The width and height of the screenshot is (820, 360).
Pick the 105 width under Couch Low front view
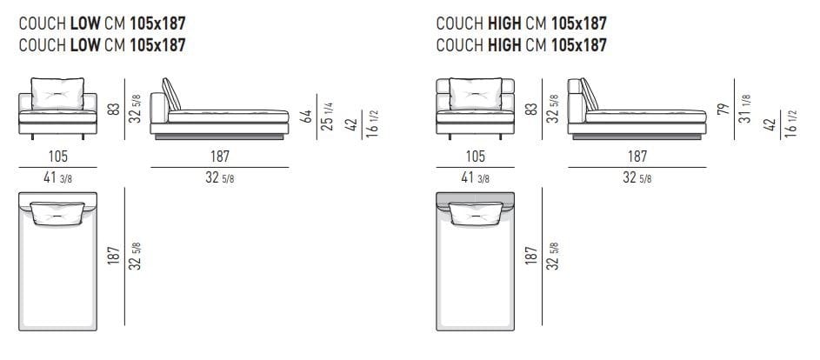[58, 157]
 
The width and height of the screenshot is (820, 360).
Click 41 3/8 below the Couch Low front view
[58, 177]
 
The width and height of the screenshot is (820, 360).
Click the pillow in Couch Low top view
[58, 212]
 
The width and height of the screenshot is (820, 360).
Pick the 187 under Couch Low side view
[219, 157]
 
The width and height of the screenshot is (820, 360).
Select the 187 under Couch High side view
[637, 157]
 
